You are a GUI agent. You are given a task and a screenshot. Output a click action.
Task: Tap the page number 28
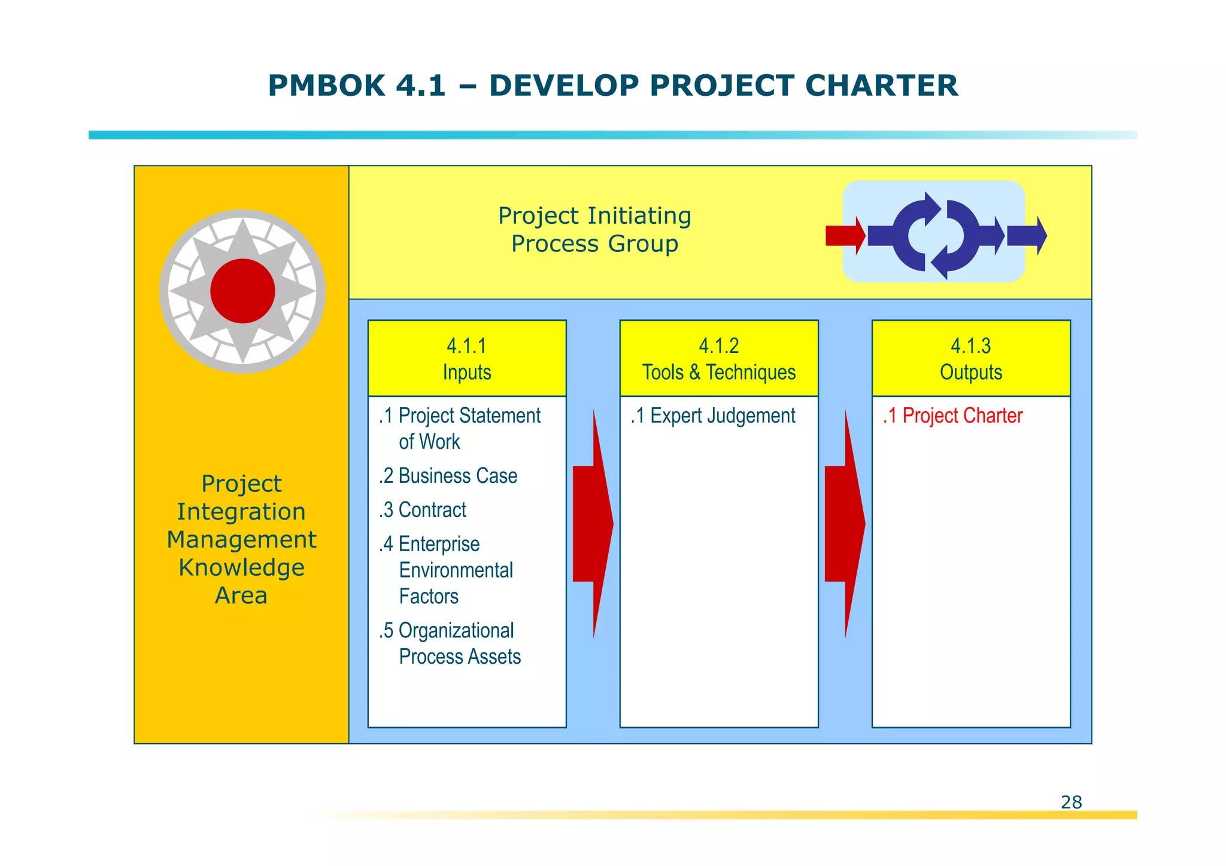click(1071, 802)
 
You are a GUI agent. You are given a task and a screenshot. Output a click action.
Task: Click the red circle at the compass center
click(242, 291)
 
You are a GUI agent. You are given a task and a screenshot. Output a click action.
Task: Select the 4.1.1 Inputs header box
click(467, 358)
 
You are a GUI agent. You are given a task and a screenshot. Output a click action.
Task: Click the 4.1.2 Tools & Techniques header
click(719, 358)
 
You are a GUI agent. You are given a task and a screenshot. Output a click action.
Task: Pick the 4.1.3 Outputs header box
click(970, 358)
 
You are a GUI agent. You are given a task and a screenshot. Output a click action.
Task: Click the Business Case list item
click(448, 476)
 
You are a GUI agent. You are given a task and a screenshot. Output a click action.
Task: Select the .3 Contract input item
click(423, 510)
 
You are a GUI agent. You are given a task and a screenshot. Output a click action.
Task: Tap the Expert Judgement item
click(713, 415)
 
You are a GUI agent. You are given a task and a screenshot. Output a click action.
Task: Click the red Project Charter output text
click(953, 415)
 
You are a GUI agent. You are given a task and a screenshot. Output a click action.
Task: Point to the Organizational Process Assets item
click(450, 643)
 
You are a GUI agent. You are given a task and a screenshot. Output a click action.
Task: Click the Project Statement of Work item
click(460, 428)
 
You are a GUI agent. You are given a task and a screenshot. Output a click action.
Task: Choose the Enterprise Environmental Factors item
click(447, 570)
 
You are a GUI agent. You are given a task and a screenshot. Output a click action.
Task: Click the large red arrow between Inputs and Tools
click(593, 524)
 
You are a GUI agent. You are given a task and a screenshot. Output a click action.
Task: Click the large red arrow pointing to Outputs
click(844, 524)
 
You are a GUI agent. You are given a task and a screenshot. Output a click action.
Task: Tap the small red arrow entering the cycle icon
click(845, 235)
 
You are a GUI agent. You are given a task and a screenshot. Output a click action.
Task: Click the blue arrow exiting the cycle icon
click(1026, 236)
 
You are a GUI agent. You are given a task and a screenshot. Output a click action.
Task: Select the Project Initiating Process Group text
click(594, 229)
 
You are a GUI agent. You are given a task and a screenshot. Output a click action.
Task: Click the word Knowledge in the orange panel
click(241, 567)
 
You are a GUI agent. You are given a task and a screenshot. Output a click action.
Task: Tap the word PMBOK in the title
click(326, 86)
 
